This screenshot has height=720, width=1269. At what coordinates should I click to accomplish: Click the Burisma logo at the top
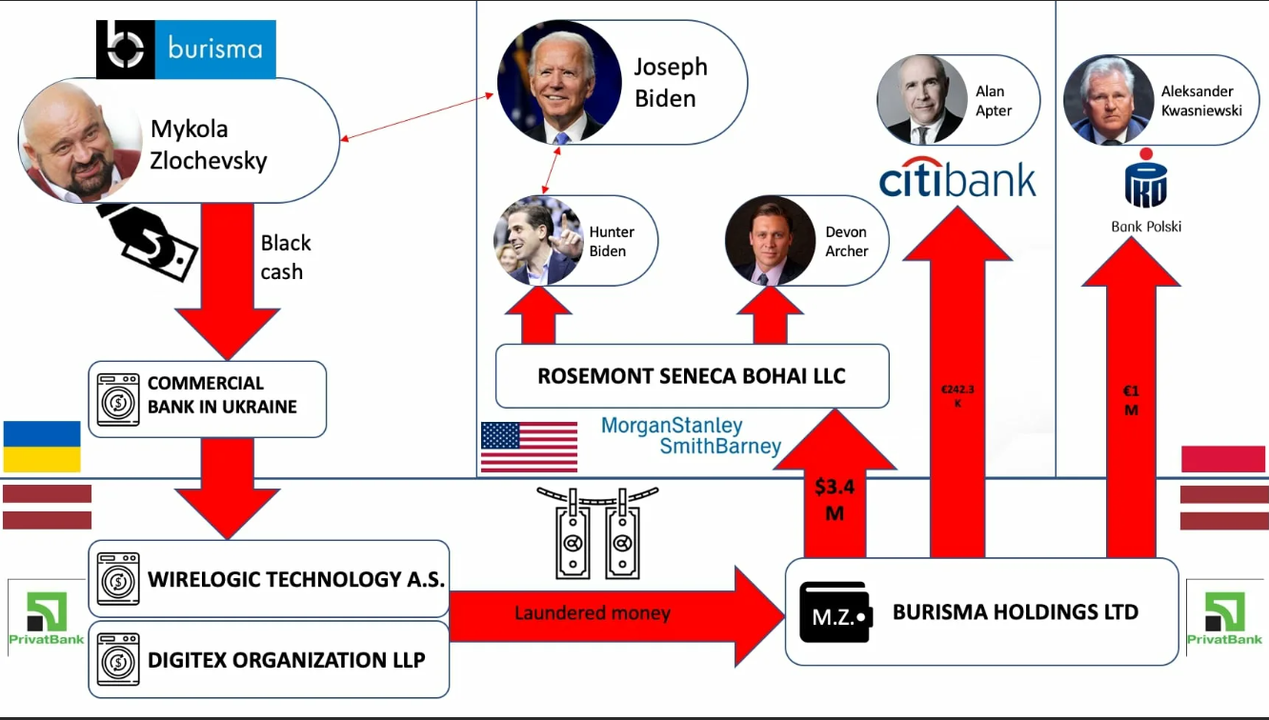pyautogui.click(x=186, y=49)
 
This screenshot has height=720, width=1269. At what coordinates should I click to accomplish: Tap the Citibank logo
pyautogui.click(x=957, y=180)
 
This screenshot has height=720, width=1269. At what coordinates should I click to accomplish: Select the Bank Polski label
pyautogui.click(x=1145, y=227)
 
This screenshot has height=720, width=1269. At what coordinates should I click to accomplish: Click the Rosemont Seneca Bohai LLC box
pyautogui.click(x=692, y=376)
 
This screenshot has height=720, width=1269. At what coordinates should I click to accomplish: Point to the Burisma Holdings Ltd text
pyautogui.click(x=1015, y=612)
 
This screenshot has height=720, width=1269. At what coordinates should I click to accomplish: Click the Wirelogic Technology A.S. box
pyautogui.click(x=269, y=579)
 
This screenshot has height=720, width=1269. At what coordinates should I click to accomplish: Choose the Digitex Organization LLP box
pyautogui.click(x=269, y=659)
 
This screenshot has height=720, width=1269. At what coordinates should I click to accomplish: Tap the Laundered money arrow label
pyautogui.click(x=592, y=613)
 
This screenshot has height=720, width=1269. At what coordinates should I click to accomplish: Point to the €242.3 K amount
pyautogui.click(x=957, y=395)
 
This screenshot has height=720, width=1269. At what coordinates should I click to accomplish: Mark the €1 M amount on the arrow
pyautogui.click(x=1131, y=400)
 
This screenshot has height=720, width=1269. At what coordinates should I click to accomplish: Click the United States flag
pyautogui.click(x=529, y=447)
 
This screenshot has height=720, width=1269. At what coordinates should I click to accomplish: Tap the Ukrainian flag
pyautogui.click(x=42, y=447)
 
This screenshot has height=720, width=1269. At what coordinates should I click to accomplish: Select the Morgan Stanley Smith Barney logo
pyautogui.click(x=691, y=436)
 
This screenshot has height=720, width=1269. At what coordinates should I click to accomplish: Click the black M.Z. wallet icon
pyautogui.click(x=836, y=612)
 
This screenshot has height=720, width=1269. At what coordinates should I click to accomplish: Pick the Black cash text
pyautogui.click(x=285, y=257)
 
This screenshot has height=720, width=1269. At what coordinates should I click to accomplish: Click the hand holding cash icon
pyautogui.click(x=148, y=242)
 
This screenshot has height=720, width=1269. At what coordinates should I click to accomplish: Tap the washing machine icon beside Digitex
pyautogui.click(x=118, y=659)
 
